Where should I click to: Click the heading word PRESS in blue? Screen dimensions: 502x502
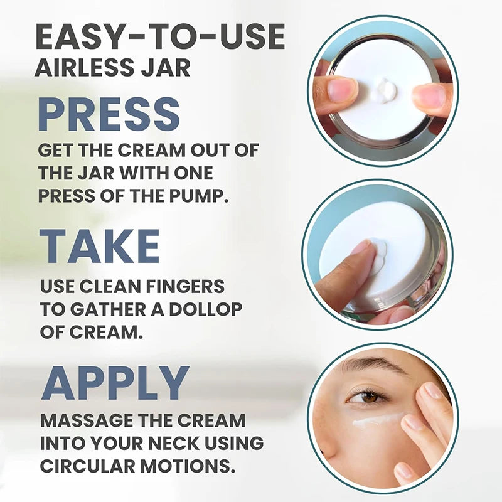coord(109,114)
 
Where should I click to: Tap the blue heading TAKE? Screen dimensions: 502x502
coord(99,246)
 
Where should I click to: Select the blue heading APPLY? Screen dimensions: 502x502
coord(115,383)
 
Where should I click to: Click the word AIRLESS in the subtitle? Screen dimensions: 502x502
coord(83,67)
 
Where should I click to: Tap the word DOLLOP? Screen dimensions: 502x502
coord(205,309)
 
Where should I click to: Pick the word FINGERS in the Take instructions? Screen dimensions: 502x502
coord(185,286)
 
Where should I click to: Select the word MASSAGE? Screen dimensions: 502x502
coord(83,420)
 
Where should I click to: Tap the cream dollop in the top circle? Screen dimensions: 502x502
coord(383,90)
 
